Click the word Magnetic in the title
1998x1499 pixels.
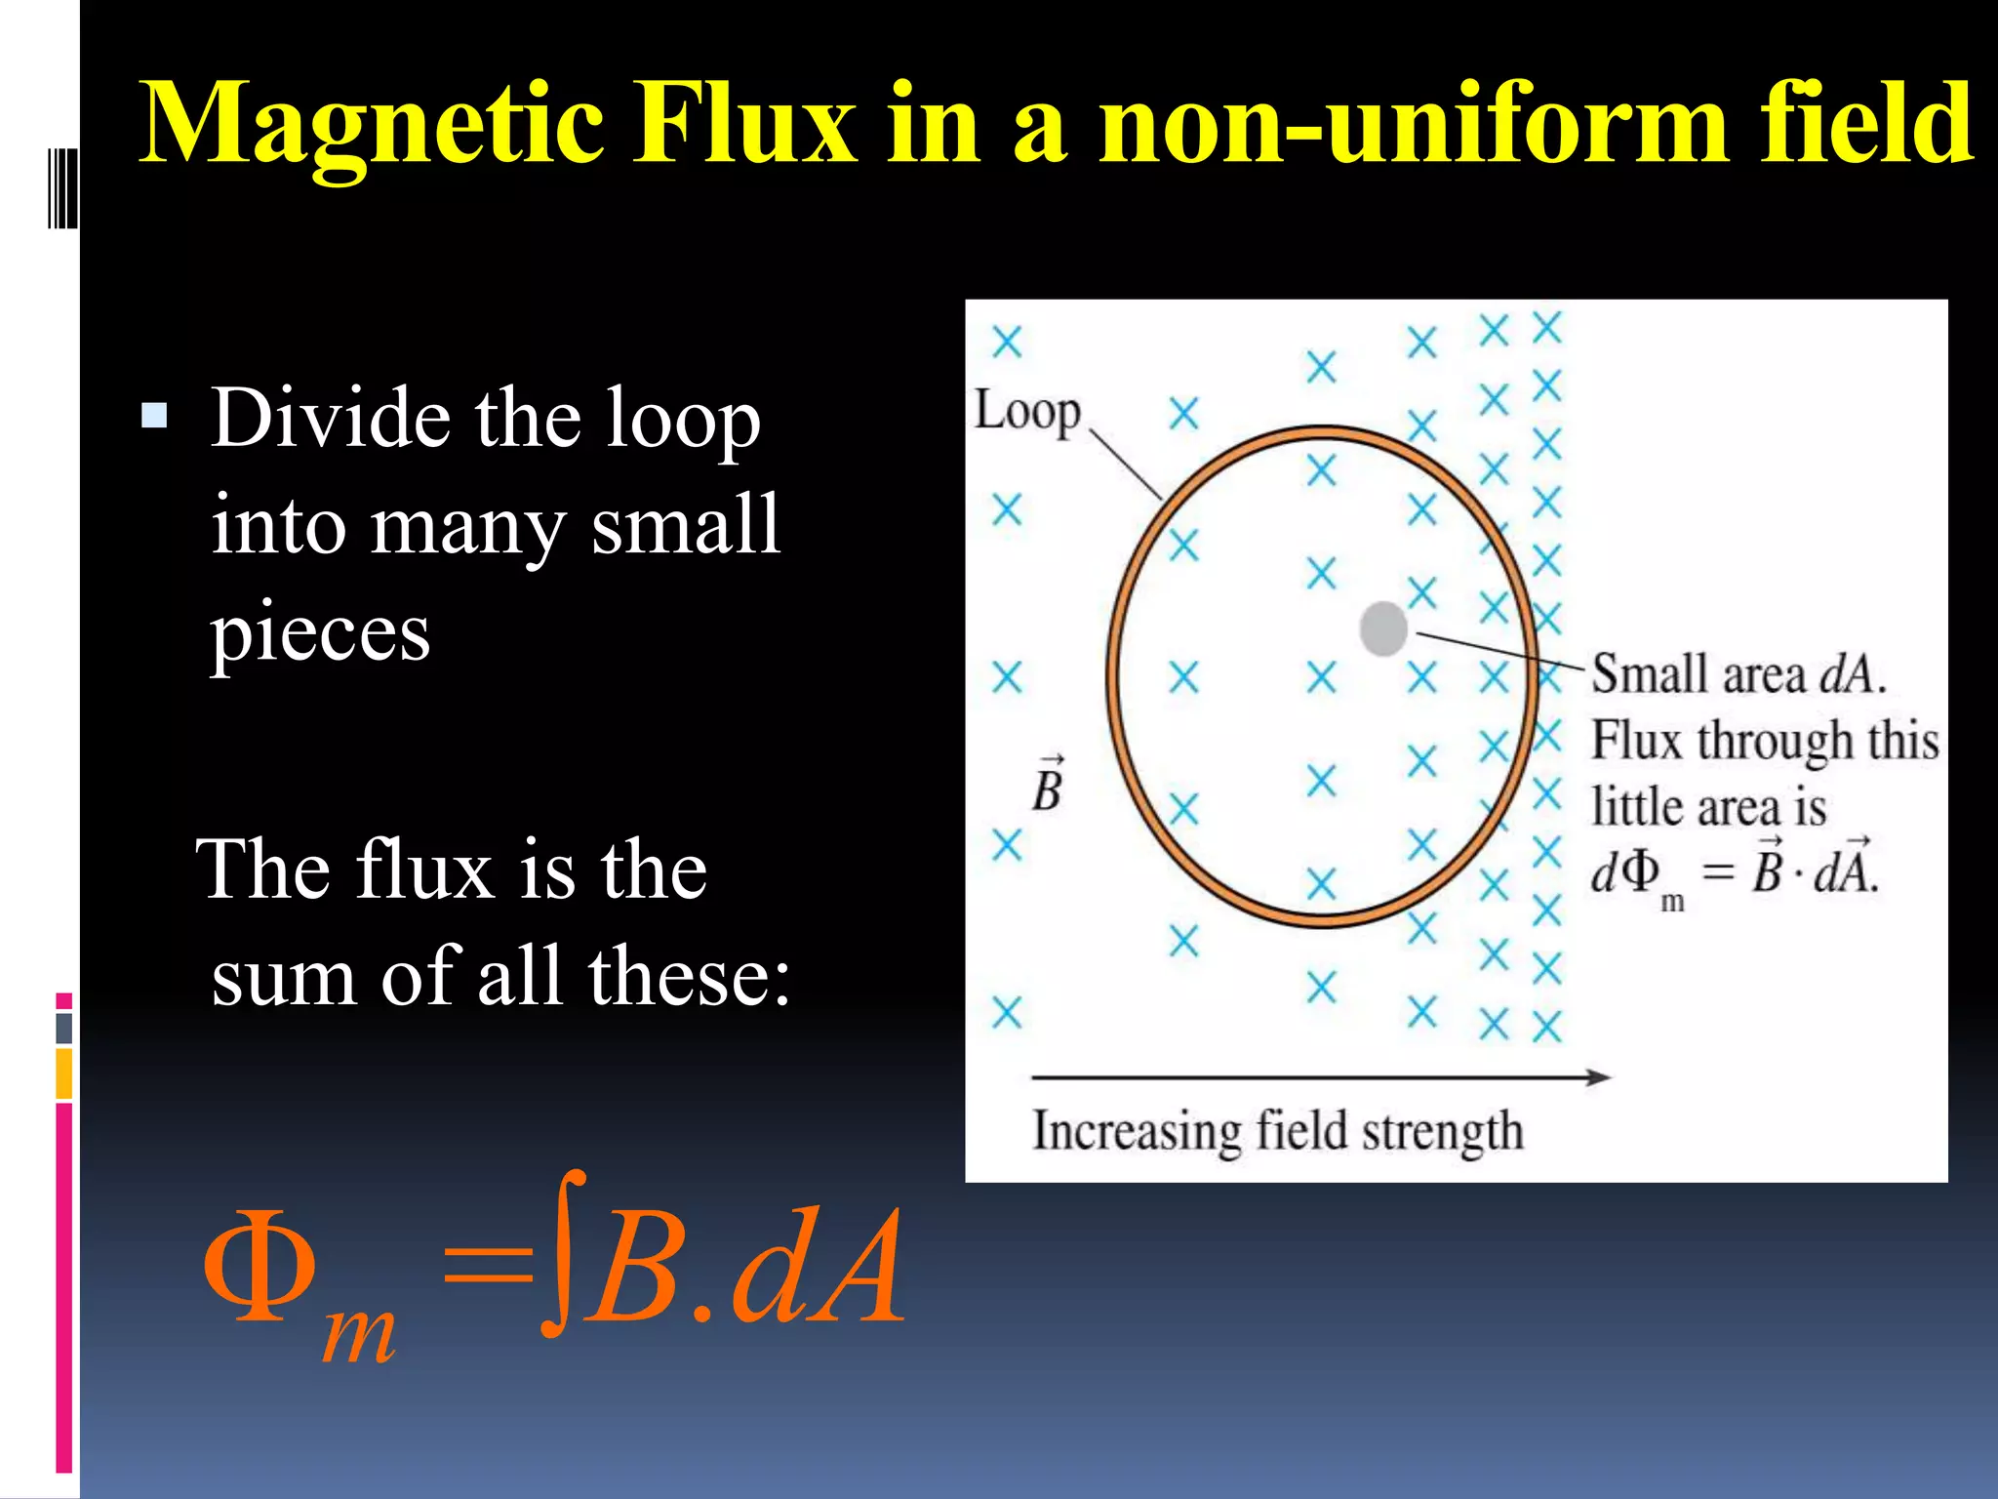pos(371,125)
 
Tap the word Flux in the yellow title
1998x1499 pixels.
pos(746,125)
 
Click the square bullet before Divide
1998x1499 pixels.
pos(154,417)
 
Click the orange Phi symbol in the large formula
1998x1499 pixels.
pos(260,1267)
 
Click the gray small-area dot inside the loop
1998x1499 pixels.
pos(1382,628)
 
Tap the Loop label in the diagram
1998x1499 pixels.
pos(1027,412)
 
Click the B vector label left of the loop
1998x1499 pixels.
pos(1047,787)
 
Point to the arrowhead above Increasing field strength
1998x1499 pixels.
pos(1597,1077)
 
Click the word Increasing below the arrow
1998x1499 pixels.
pos(1136,1131)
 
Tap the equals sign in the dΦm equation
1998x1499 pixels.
pos(1717,871)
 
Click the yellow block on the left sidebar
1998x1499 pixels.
pos(64,1074)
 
